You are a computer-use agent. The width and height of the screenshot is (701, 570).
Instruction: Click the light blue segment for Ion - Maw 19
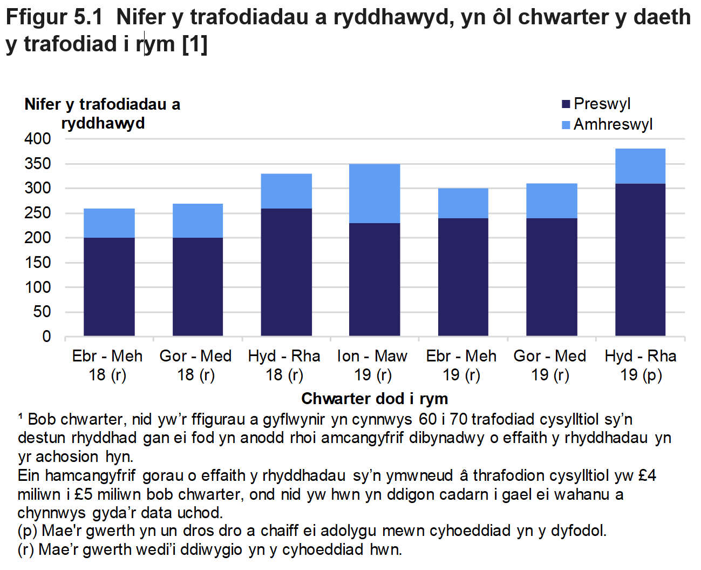click(x=375, y=193)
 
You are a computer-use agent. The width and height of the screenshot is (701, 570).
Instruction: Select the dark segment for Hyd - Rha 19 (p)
click(x=640, y=259)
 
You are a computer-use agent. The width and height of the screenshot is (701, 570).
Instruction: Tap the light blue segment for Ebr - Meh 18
click(x=109, y=223)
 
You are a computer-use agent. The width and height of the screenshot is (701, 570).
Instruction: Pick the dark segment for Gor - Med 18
click(x=198, y=286)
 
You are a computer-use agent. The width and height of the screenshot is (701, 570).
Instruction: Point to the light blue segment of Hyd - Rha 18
click(x=286, y=191)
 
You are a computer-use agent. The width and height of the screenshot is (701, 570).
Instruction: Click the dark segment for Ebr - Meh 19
click(x=463, y=277)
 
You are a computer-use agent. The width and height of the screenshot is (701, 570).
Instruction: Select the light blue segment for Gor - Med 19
click(x=552, y=201)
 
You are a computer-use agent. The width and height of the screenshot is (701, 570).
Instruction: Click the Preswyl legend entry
click(x=596, y=104)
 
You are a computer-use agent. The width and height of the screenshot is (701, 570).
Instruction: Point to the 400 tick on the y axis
click(x=38, y=139)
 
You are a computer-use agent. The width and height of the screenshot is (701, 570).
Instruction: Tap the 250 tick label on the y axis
click(x=38, y=213)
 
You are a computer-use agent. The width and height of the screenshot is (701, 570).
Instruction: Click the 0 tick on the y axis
click(x=46, y=337)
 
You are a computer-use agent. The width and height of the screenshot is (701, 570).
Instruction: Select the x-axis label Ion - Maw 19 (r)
click(x=372, y=365)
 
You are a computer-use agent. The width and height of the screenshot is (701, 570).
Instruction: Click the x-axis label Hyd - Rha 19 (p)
click(x=641, y=365)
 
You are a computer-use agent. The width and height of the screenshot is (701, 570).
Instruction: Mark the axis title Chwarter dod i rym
click(x=375, y=399)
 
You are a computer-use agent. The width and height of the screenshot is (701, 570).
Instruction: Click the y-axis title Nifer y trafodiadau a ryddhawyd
click(x=103, y=113)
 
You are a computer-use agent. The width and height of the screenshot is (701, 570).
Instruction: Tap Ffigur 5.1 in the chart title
click(x=54, y=17)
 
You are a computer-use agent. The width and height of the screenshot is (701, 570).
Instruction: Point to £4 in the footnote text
click(x=646, y=475)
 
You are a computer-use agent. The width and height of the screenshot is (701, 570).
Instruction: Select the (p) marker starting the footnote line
click(x=27, y=531)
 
